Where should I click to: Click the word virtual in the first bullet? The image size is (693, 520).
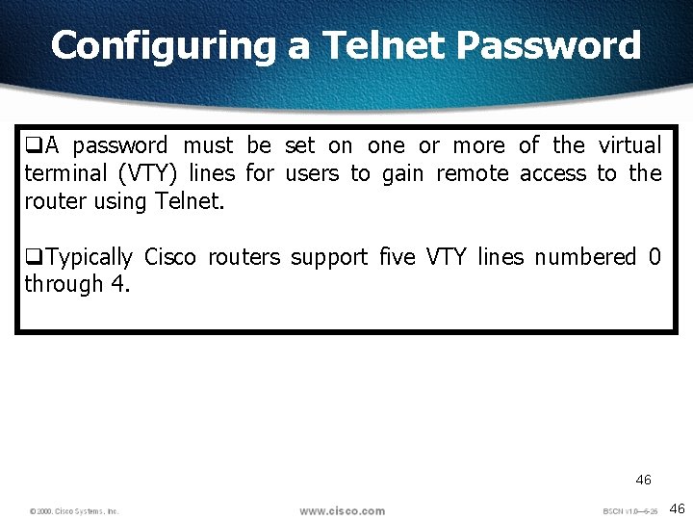point(629,145)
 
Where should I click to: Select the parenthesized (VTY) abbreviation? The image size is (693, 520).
point(147,173)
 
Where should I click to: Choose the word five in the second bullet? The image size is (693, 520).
point(398,257)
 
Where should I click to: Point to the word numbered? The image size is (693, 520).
point(585,257)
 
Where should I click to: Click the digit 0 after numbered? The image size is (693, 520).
point(654,257)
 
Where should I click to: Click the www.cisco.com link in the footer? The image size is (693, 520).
point(342,510)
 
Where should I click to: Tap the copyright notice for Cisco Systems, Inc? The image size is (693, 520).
point(74,511)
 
